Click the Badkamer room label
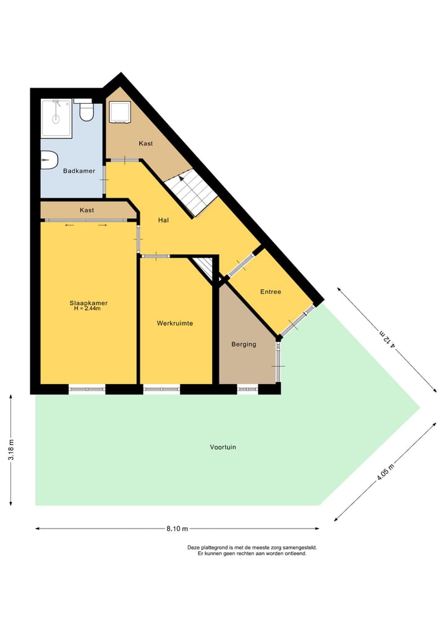pyautogui.click(x=79, y=171)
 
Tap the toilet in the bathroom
pyautogui.click(x=87, y=112)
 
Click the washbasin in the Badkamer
pyautogui.click(x=49, y=160)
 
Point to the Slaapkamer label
pyautogui.click(x=88, y=303)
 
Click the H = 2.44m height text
pyautogui.click(x=87, y=309)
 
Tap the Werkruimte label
pyautogui.click(x=175, y=323)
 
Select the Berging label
pyautogui.click(x=244, y=344)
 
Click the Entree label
pyautogui.click(x=271, y=292)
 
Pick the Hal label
pyautogui.click(x=164, y=220)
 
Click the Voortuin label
pyautogui.click(x=222, y=447)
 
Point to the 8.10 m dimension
pyautogui.click(x=177, y=529)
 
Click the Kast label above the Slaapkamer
pyautogui.click(x=87, y=211)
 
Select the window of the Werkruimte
pyautogui.click(x=162, y=389)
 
